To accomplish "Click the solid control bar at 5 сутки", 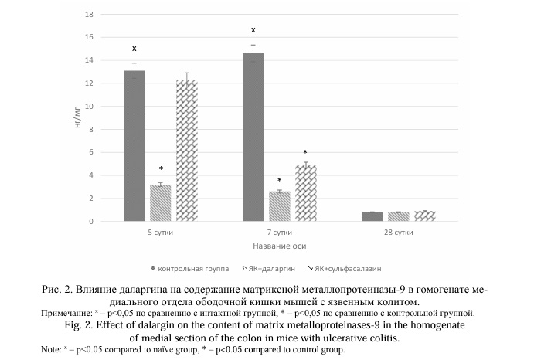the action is tap(134, 146).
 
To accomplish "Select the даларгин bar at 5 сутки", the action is tap(161, 203).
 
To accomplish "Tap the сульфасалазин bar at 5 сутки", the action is tap(187, 151).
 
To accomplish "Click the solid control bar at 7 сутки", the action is tap(253, 138).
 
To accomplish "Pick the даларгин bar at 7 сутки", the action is tap(280, 206).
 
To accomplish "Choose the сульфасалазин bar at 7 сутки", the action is tap(306, 193).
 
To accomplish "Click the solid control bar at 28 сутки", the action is tap(372, 216).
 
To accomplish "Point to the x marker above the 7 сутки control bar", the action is tap(253, 30).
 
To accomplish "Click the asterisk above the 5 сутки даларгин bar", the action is tap(161, 168).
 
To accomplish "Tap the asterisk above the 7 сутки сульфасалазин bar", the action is tap(305, 152).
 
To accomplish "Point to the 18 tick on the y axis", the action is tap(89, 15).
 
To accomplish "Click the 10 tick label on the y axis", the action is tap(89, 107).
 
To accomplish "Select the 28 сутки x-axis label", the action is tap(399, 233).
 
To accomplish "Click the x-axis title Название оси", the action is tap(279, 246).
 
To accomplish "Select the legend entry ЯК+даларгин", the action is tap(268, 269).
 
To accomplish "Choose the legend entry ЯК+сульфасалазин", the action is tap(345, 269).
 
